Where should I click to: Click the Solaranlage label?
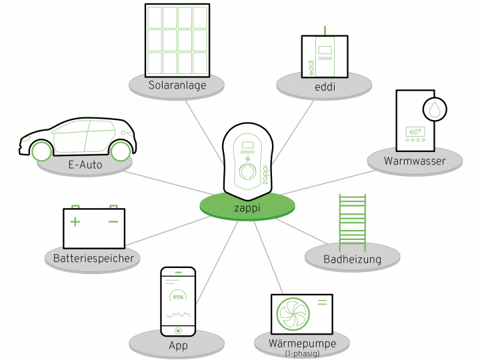pos(177,86)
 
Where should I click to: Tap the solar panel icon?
pos(177,39)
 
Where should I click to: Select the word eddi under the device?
pos(325,86)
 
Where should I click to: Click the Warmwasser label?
pos(414,161)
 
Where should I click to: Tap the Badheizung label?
pos(352,259)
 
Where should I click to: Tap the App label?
pos(178,346)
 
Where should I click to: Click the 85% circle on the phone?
pos(178,296)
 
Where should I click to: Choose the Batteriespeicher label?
pos(93,258)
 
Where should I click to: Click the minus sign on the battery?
pos(113,221)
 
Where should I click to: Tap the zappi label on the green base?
pos(247,207)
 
